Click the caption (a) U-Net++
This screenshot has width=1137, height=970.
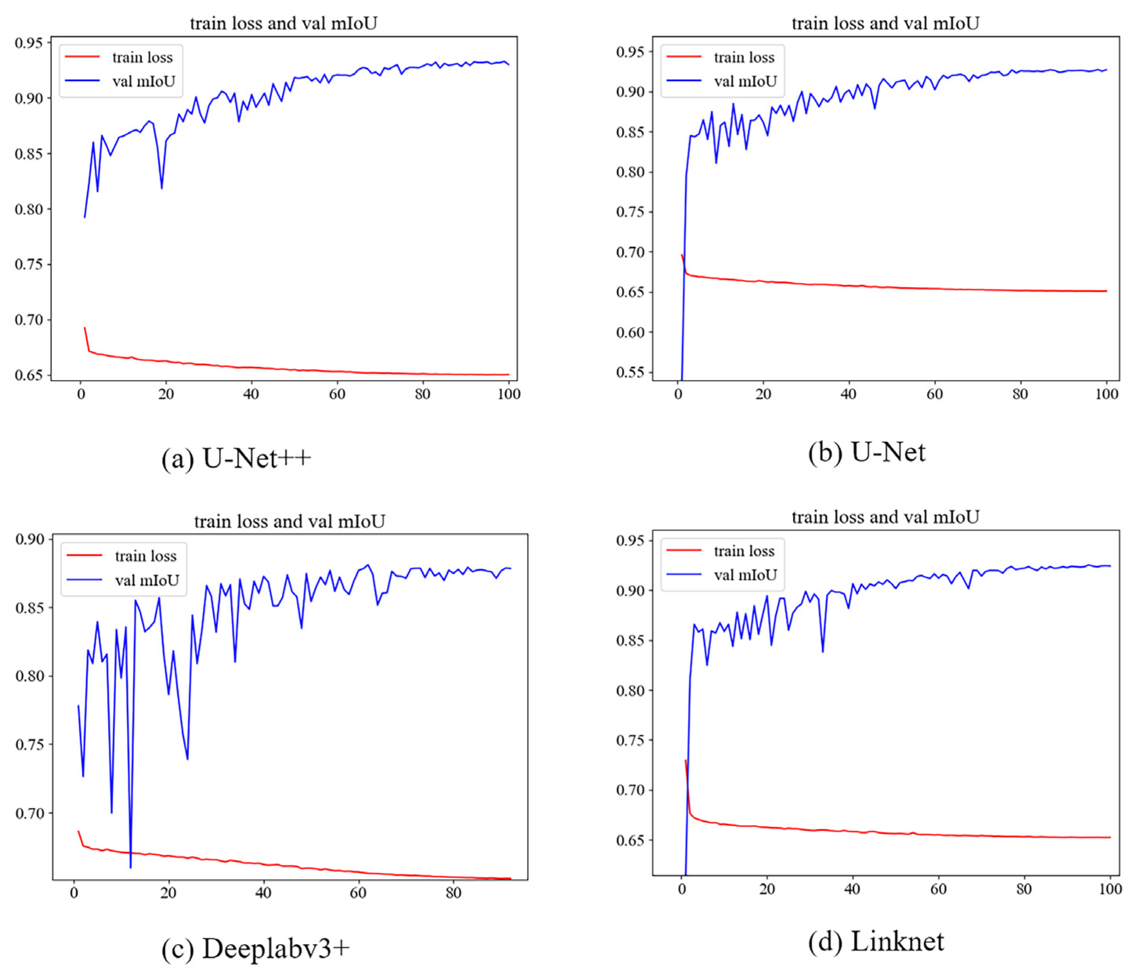(x=236, y=459)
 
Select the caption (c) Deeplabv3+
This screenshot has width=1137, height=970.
(x=255, y=948)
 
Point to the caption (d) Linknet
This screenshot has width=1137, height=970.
(x=876, y=942)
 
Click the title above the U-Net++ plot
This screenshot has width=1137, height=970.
(x=284, y=23)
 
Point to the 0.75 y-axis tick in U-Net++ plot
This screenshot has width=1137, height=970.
(x=29, y=264)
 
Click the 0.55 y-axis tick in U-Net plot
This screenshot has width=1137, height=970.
(x=630, y=373)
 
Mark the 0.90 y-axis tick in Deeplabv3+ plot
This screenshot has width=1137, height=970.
(x=30, y=539)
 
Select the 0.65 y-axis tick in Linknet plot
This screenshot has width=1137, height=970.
(x=630, y=840)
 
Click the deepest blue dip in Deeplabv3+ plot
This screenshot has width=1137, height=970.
(x=131, y=867)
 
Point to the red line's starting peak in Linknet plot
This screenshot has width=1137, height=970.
(x=686, y=761)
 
